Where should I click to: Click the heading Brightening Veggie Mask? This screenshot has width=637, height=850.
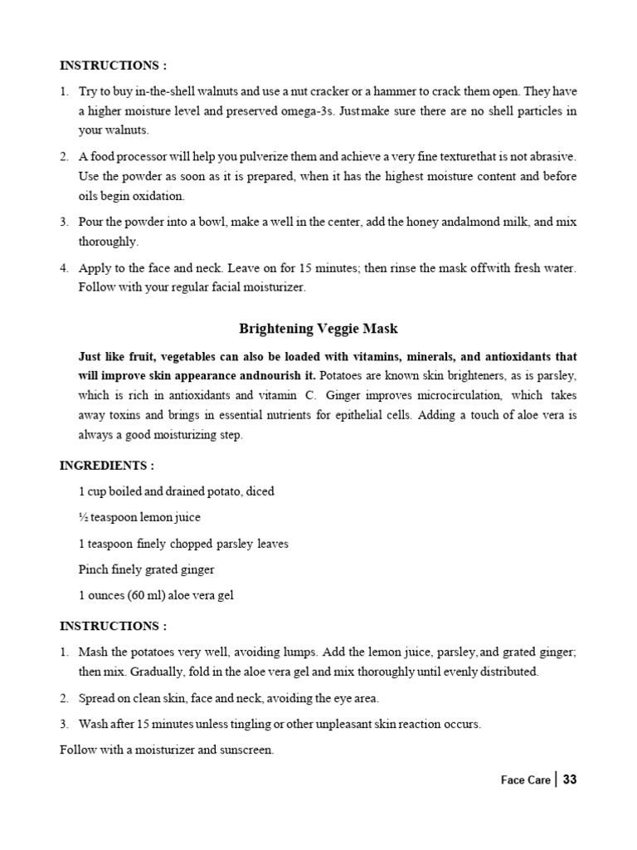[318, 329]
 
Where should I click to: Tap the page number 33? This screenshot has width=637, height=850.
[569, 780]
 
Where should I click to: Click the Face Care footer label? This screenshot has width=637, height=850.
[524, 781]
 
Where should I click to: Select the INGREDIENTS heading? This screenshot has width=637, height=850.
[107, 466]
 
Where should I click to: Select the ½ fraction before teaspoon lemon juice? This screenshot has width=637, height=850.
[83, 518]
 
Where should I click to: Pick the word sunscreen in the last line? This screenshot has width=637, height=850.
[244, 751]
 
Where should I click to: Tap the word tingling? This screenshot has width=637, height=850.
[254, 725]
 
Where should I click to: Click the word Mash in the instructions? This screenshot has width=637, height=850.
[92, 652]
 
